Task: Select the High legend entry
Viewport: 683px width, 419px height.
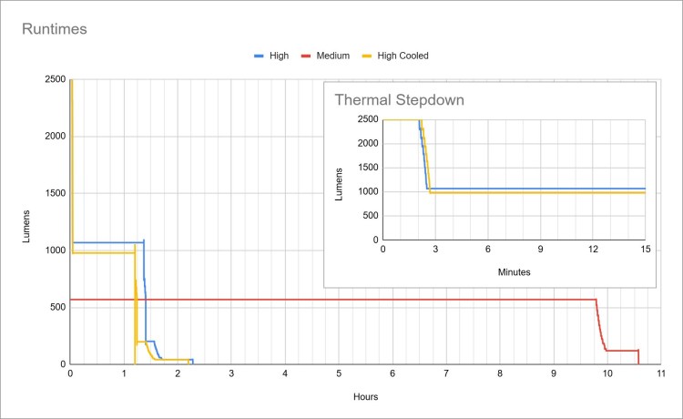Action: tap(279, 56)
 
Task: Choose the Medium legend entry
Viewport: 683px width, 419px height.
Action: tap(333, 56)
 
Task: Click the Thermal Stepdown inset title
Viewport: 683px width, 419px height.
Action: tap(395, 100)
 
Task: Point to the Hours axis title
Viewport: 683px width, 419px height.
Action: tap(365, 397)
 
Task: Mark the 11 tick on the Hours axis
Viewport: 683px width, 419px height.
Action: tap(661, 373)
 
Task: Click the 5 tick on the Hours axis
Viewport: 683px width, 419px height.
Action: tap(339, 373)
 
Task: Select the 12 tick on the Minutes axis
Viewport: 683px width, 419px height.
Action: tap(592, 249)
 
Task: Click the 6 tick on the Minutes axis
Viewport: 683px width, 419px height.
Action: tap(487, 249)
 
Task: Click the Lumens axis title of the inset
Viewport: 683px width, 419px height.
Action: tap(341, 179)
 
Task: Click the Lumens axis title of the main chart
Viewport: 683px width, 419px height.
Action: tap(26, 222)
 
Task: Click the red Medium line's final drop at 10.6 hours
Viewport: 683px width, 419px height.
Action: tap(638, 357)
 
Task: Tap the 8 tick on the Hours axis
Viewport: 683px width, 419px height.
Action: tap(500, 373)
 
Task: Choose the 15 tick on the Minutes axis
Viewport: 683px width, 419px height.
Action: tap(644, 249)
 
